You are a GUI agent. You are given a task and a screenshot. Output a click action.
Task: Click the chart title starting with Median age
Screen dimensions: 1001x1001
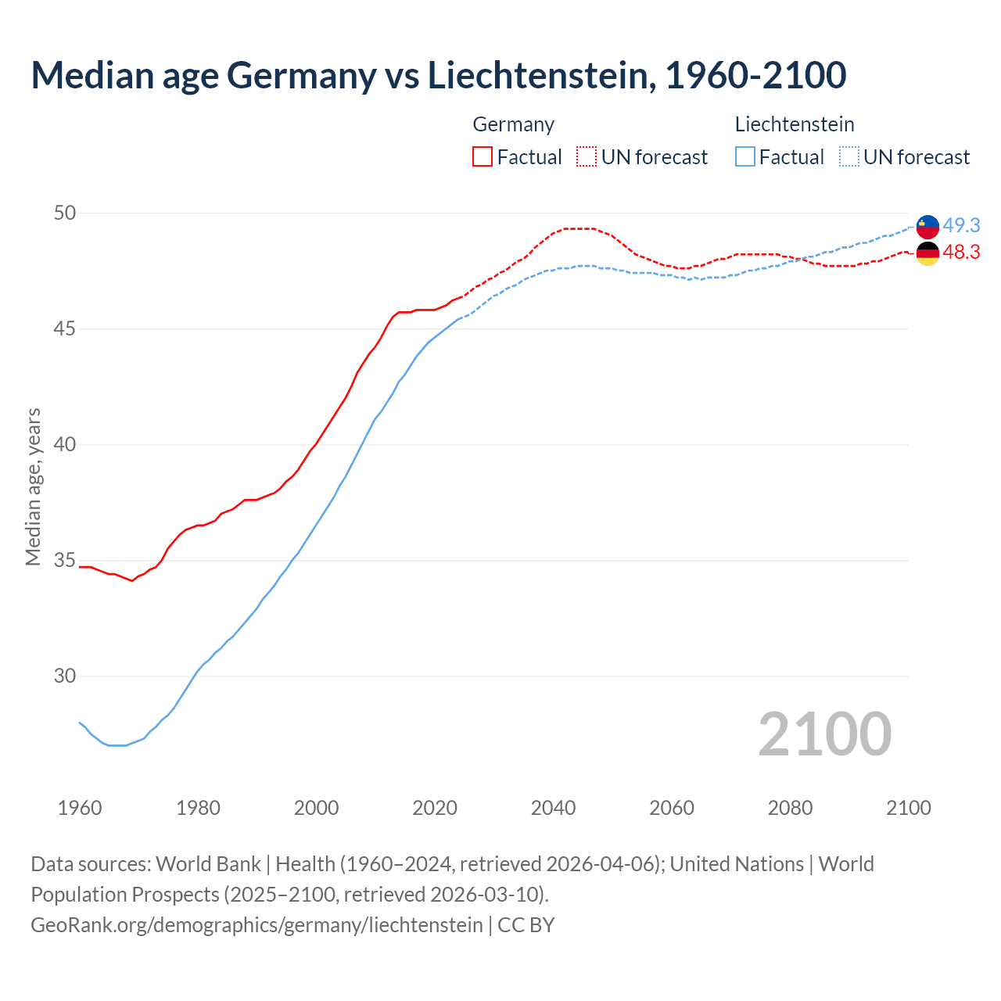pyautogui.click(x=438, y=75)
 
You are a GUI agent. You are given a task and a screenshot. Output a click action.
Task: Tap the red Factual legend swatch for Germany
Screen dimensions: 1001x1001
pyautogui.click(x=483, y=156)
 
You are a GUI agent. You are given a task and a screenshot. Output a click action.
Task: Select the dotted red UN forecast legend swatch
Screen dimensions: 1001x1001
pyautogui.click(x=587, y=156)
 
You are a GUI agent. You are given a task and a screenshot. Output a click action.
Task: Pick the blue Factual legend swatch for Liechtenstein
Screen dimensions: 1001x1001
pyautogui.click(x=745, y=156)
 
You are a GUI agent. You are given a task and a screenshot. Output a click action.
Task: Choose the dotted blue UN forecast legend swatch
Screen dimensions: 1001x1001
pyautogui.click(x=849, y=156)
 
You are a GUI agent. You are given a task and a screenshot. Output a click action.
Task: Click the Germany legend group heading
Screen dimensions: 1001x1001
pyautogui.click(x=513, y=124)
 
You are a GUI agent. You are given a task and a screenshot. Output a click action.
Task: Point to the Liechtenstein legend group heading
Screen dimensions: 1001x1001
pyautogui.click(x=794, y=124)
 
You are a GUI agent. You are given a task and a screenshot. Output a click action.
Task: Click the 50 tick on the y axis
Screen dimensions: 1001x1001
pyautogui.click(x=65, y=213)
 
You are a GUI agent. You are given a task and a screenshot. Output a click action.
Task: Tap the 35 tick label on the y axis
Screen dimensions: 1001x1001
pyautogui.click(x=65, y=561)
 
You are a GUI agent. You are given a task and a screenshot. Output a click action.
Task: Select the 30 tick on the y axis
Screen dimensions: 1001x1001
pyautogui.click(x=65, y=676)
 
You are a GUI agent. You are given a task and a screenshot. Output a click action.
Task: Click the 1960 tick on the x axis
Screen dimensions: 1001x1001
pyautogui.click(x=80, y=808)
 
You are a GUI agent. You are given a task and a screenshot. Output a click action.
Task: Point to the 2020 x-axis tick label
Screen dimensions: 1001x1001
pyautogui.click(x=435, y=808)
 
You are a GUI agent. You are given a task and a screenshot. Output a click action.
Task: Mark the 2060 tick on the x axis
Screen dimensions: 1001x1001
pyautogui.click(x=672, y=808)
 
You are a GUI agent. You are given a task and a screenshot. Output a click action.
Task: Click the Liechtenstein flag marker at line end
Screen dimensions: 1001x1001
pyautogui.click(x=927, y=226)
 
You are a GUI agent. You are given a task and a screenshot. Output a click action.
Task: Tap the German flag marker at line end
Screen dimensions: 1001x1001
pyautogui.click(x=927, y=253)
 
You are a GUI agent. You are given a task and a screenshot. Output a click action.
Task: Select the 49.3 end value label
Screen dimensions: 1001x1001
pyautogui.click(x=961, y=225)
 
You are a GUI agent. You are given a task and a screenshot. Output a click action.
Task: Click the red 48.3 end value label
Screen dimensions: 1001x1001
pyautogui.click(x=961, y=252)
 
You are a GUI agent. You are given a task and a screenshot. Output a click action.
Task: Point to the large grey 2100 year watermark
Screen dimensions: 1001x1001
pyautogui.click(x=824, y=734)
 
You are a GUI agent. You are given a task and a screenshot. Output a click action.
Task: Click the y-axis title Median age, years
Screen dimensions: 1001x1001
pyautogui.click(x=33, y=486)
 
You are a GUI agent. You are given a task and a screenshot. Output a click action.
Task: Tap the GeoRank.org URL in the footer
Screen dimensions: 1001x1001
pyautogui.click(x=257, y=925)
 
